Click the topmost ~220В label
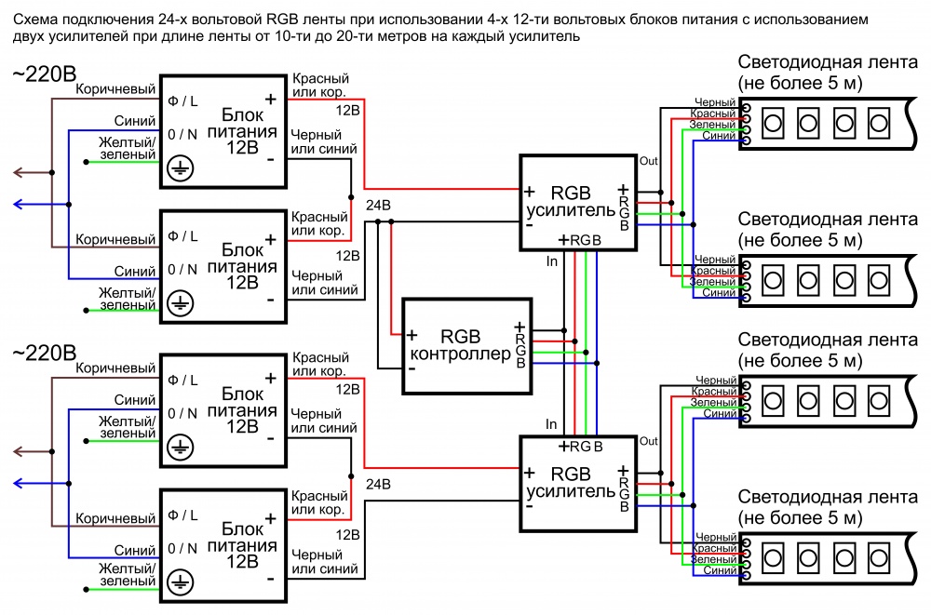point(45,74)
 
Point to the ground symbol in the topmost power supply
point(180,168)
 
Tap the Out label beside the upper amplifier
point(648,161)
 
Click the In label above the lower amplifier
point(551,424)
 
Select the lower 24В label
point(378,485)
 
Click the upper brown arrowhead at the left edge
point(18,173)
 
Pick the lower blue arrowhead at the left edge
point(18,483)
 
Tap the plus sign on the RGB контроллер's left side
point(412,335)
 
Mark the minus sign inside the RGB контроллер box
point(412,368)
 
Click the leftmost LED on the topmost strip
point(773,123)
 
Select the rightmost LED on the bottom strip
point(879,558)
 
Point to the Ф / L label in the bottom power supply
point(182,515)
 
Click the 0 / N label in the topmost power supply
point(182,135)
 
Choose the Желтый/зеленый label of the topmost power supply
point(128,149)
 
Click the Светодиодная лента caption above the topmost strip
point(828,61)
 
